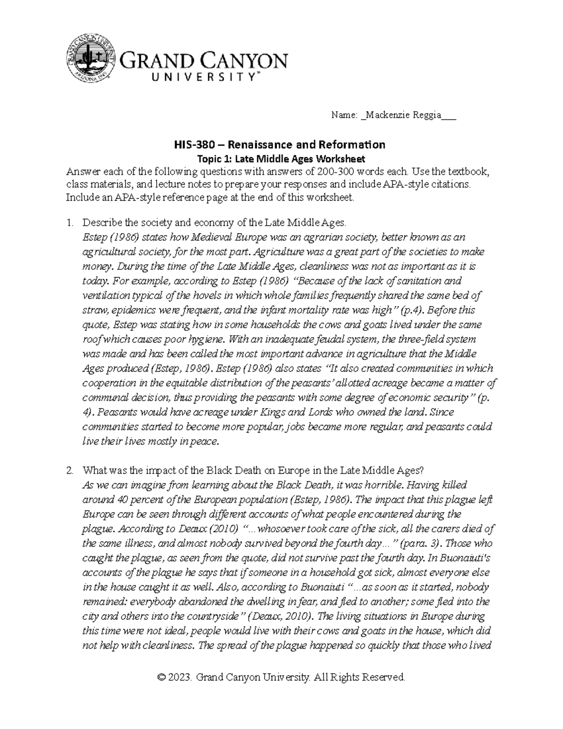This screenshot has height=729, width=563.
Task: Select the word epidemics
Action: point(132,310)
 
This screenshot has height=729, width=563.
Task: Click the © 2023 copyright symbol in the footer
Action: point(162,677)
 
